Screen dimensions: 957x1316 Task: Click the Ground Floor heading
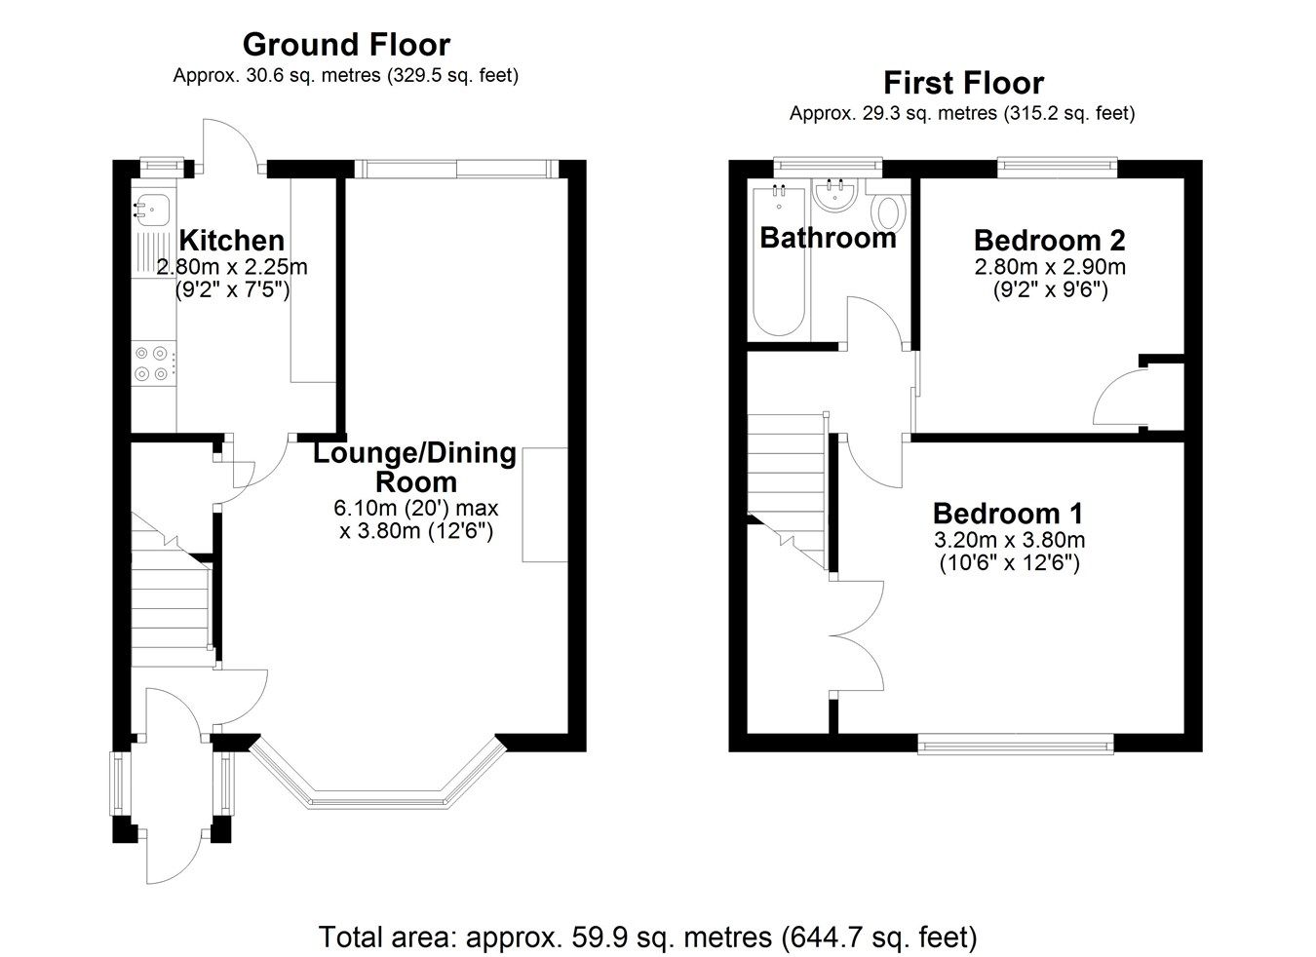(x=346, y=45)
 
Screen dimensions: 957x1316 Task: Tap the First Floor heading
(x=962, y=83)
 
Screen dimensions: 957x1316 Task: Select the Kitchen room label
(x=232, y=240)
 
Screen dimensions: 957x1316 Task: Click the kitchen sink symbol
(x=153, y=207)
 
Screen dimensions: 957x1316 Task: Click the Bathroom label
(x=827, y=238)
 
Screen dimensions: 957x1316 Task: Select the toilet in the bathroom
(x=888, y=211)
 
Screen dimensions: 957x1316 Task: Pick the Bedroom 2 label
(x=1049, y=240)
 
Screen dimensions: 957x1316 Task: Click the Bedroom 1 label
(x=1007, y=514)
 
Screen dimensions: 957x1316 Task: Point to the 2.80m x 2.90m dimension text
(x=1049, y=267)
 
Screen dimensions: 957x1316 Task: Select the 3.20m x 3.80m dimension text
(x=1009, y=540)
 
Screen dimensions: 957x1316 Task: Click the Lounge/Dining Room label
(x=414, y=467)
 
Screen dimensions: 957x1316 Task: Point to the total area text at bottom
(x=647, y=938)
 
